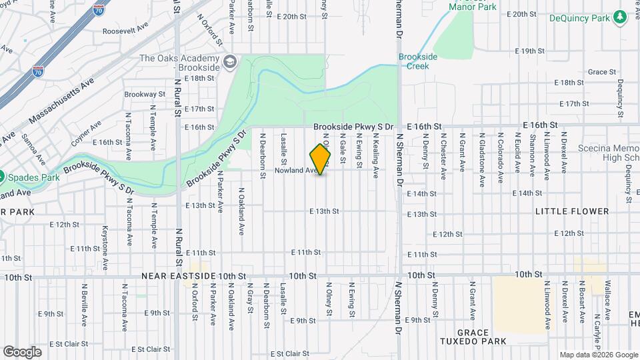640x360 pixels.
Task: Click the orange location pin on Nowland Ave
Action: pyautogui.click(x=321, y=160)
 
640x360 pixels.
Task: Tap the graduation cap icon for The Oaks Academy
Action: pyautogui.click(x=231, y=62)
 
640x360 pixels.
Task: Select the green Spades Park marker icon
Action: pyautogui.click(x=1, y=177)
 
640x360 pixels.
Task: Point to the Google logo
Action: pyautogui.click(x=22, y=351)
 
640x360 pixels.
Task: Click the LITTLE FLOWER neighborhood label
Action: pyautogui.click(x=571, y=211)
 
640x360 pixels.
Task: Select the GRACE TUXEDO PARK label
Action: pyautogui.click(x=482, y=336)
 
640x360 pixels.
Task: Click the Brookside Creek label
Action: pyautogui.click(x=418, y=61)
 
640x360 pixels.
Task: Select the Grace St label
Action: pyautogui.click(x=601, y=71)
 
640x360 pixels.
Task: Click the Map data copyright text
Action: pyautogui.click(x=599, y=355)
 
